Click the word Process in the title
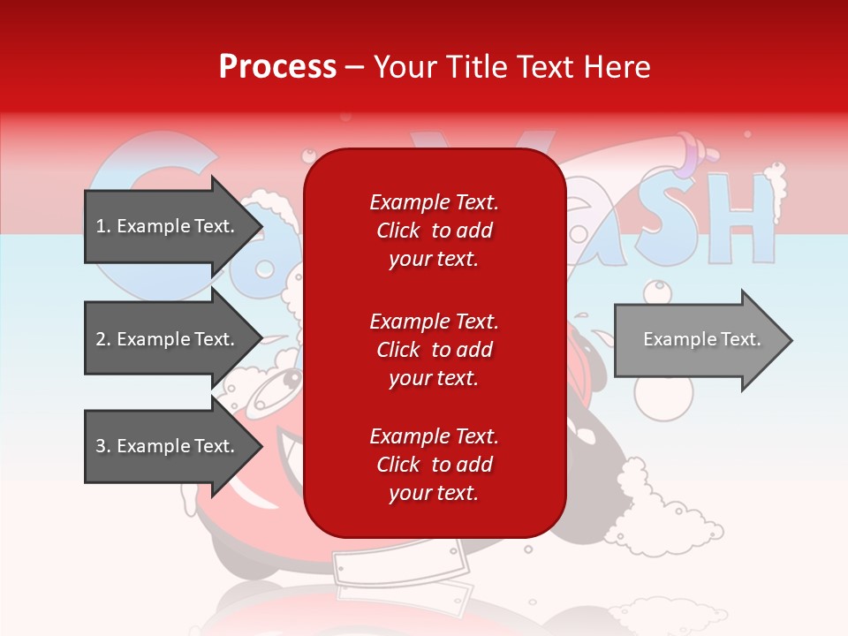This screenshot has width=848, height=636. (x=277, y=67)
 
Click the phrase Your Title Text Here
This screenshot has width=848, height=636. (x=511, y=67)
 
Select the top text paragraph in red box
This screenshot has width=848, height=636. (x=434, y=231)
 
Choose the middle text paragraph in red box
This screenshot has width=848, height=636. (x=434, y=350)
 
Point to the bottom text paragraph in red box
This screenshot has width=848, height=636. (x=434, y=465)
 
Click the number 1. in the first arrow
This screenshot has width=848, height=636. (x=102, y=226)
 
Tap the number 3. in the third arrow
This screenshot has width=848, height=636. (x=102, y=446)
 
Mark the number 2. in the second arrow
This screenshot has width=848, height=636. (x=102, y=339)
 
